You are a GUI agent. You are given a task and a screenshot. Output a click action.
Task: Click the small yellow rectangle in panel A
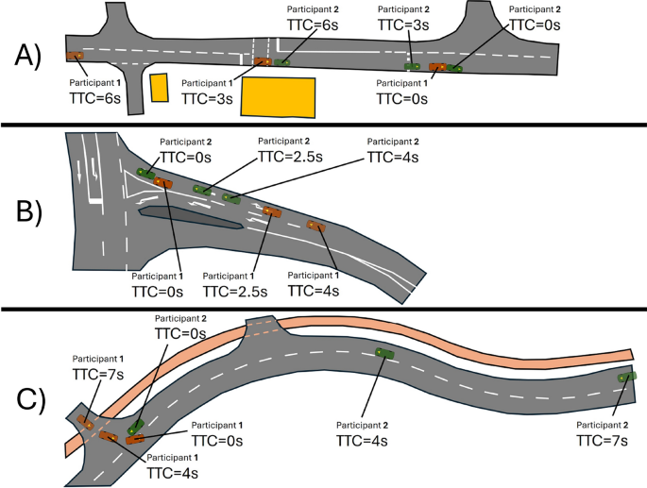click(159, 87)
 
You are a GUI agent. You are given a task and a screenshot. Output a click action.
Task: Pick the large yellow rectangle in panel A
click(278, 97)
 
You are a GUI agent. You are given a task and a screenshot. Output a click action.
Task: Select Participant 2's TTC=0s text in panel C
click(181, 335)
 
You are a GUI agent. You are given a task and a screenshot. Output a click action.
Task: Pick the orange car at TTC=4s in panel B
click(315, 226)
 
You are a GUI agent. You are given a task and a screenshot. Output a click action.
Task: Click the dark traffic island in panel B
click(189, 218)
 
